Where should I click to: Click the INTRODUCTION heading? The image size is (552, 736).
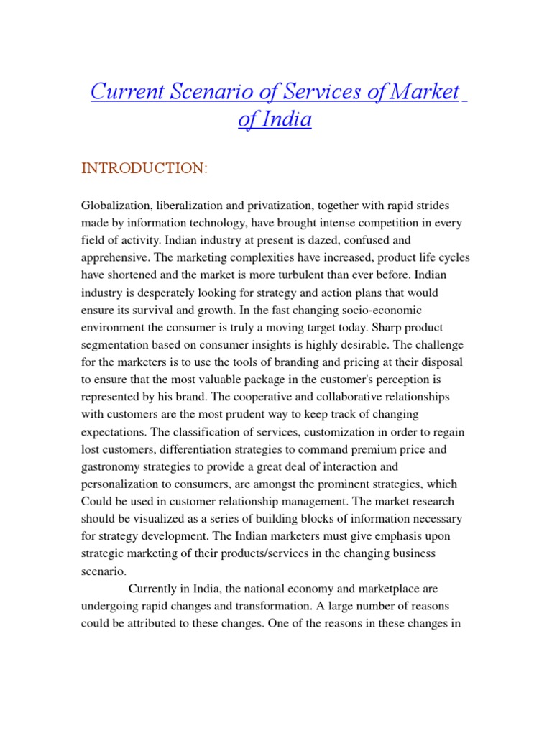[x=144, y=168]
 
